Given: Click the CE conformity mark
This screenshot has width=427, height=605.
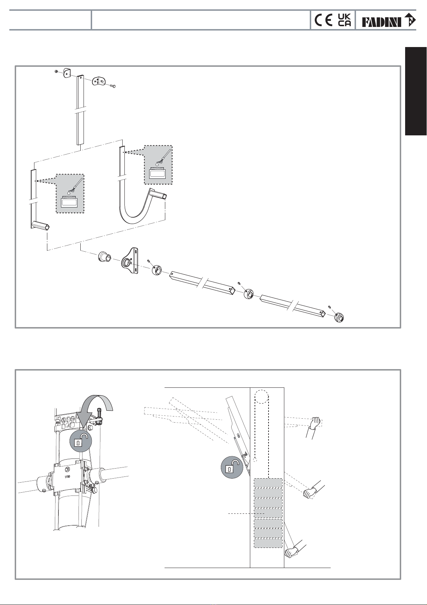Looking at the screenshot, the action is point(323,20).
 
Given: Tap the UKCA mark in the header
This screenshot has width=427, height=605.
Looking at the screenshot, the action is point(344,20).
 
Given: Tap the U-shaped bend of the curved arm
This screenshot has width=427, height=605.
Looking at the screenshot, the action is point(133,215).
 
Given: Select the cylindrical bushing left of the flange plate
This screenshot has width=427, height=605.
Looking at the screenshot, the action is point(104,258).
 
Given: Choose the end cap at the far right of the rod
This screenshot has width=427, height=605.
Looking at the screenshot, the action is point(339,317).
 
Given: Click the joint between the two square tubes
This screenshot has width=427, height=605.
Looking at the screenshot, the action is point(249,294).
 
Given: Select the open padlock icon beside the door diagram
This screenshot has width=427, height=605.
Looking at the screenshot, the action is point(232,468).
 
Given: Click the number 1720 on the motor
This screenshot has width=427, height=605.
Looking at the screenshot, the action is point(67,477).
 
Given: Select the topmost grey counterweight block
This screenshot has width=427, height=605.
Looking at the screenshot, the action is point(267,483).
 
